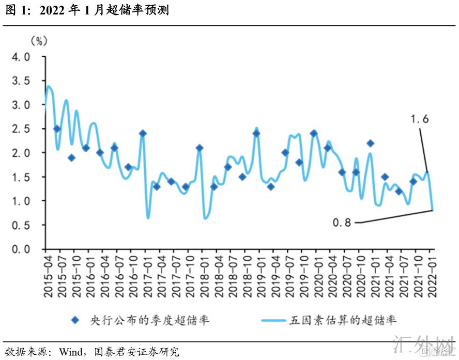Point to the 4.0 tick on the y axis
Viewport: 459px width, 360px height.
(21, 56)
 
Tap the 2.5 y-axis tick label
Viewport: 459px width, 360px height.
(21, 129)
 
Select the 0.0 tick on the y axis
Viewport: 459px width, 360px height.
(21, 249)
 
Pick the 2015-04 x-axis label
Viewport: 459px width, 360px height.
(48, 277)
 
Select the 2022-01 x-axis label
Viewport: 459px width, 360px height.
(431, 277)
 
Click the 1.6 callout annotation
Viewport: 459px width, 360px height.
(420, 119)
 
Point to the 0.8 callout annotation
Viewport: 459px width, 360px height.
(342, 223)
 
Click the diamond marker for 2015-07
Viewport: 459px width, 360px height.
(57, 129)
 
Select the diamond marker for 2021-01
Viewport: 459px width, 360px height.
(370, 143)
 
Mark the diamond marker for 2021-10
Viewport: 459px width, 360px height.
(413, 181)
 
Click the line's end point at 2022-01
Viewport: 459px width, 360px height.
(432, 210)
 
